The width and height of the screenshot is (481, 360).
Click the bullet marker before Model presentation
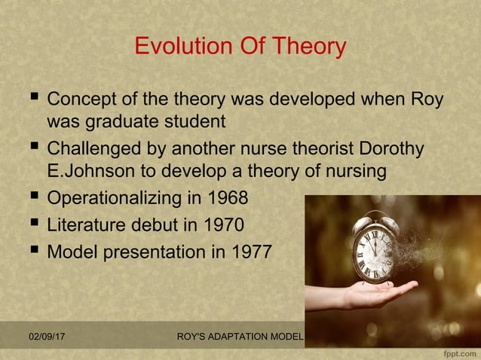click(x=30, y=250)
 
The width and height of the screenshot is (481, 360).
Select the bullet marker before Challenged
click(x=30, y=148)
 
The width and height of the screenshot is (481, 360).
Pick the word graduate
click(x=124, y=121)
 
